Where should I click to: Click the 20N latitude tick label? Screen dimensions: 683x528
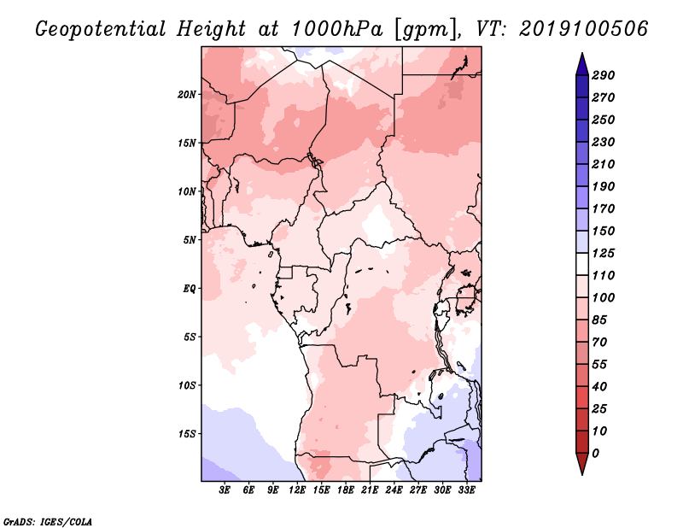[187, 95]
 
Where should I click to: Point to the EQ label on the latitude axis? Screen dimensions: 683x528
[190, 289]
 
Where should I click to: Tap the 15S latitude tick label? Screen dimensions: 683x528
[187, 434]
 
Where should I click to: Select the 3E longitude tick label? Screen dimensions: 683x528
[225, 490]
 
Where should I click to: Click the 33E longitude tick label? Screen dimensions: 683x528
[466, 490]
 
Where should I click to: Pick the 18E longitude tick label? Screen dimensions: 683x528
[346, 490]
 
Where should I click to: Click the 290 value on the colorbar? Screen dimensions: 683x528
[603, 75]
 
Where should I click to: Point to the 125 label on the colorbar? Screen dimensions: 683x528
[603, 253]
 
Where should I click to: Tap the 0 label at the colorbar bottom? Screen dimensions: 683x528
[595, 454]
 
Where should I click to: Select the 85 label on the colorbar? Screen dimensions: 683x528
[599, 320]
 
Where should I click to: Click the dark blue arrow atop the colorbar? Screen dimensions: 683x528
[582, 64]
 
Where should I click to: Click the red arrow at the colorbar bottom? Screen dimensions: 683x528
[582, 464]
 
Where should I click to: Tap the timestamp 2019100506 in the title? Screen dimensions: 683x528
[584, 29]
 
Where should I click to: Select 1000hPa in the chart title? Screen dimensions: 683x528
[336, 29]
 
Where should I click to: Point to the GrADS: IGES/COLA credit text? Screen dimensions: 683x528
[48, 522]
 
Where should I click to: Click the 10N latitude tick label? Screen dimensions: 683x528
[187, 191]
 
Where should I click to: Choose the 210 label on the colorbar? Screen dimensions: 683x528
[603, 164]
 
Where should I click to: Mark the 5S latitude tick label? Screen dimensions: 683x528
[190, 337]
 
